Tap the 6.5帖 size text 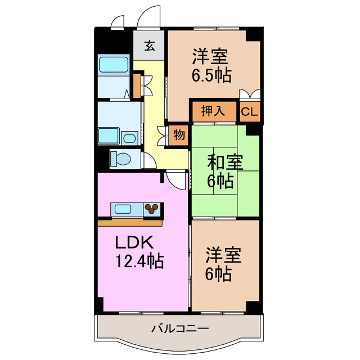[x=212, y=75]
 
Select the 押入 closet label [x=213, y=111]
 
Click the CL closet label [x=249, y=111]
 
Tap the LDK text [x=134, y=243]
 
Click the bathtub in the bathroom [x=115, y=65]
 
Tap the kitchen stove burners [x=152, y=210]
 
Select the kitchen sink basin [x=124, y=210]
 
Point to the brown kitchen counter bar [x=129, y=222]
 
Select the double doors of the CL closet [x=249, y=94]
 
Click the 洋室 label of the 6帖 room [x=223, y=255]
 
